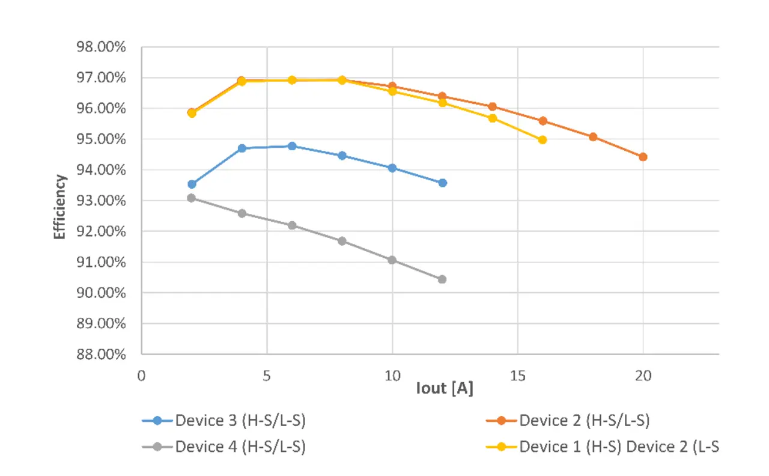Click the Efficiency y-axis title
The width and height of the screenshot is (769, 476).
tap(59, 207)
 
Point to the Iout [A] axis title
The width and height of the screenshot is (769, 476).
tap(445, 389)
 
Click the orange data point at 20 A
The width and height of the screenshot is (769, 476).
tap(643, 157)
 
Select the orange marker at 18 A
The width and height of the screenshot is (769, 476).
tap(593, 137)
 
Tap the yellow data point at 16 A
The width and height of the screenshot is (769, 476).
tap(543, 140)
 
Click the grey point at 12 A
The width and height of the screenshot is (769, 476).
tap(442, 279)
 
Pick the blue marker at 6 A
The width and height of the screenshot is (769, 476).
tap(292, 146)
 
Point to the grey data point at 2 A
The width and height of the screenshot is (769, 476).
tap(192, 198)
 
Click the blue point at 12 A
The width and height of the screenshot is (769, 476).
tap(442, 183)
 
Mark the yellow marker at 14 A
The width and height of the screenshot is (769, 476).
tap(493, 118)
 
